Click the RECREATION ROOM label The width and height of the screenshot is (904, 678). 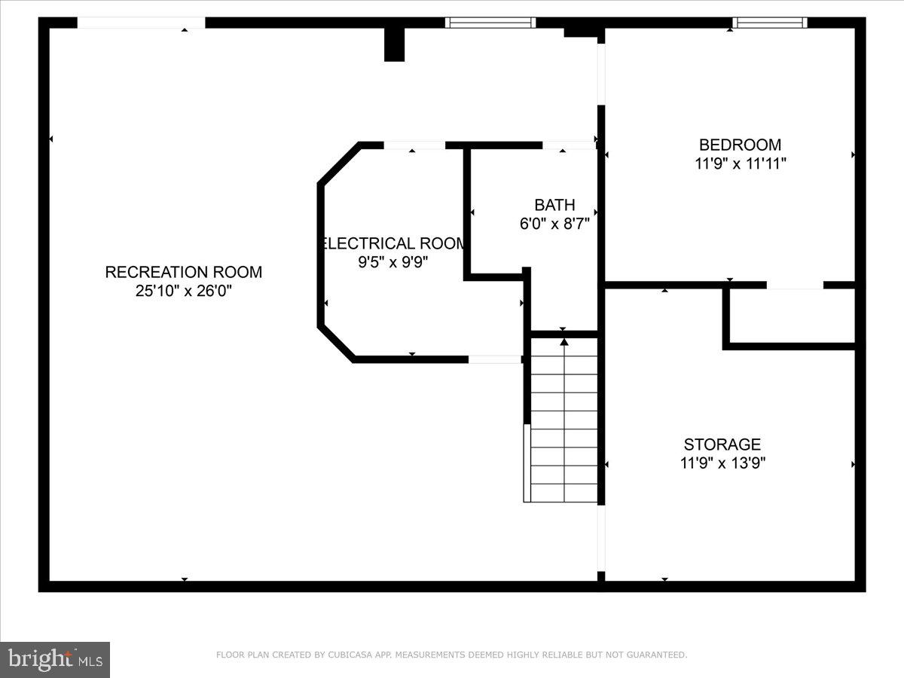tap(183, 272)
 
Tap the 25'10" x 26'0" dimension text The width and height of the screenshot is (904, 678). tap(183, 291)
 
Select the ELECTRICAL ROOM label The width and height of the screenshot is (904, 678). tap(394, 243)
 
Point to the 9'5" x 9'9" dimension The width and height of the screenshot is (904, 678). tap(394, 262)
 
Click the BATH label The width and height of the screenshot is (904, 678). tap(554, 205)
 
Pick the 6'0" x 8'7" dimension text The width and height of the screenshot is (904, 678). tap(554, 224)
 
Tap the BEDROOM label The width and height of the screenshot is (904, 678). tap(740, 145)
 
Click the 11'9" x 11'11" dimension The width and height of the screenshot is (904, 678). tap(740, 163)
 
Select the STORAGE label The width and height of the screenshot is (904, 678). tap(722, 444)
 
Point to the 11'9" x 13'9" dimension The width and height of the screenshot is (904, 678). tap(722, 463)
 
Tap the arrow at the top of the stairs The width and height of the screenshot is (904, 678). tap(564, 343)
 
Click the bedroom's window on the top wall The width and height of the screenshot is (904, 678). tap(769, 23)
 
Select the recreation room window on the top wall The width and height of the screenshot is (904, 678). tap(490, 23)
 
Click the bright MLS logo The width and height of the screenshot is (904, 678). tap(55, 660)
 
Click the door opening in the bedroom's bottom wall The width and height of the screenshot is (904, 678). tap(795, 286)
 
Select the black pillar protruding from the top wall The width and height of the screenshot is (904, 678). tap(394, 44)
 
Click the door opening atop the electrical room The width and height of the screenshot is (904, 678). tap(414, 145)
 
